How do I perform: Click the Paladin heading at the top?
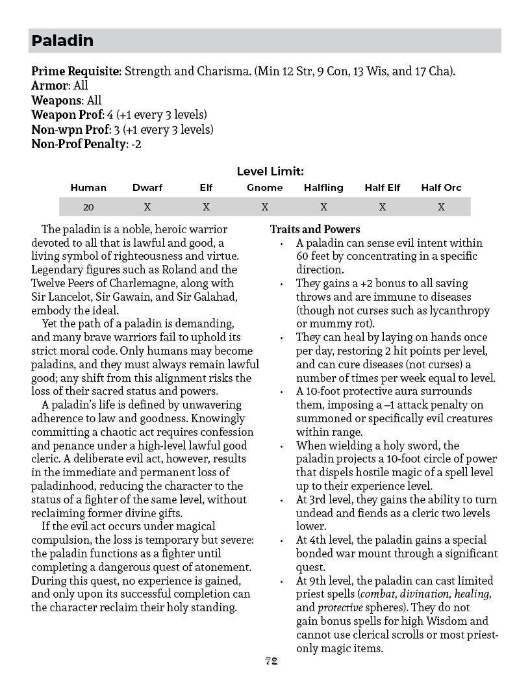(62, 41)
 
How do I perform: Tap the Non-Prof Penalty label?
(79, 144)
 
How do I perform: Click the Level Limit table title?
(270, 171)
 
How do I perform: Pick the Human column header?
(88, 188)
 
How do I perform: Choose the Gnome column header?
(265, 188)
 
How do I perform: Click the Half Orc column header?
(441, 188)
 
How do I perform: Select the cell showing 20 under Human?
(88, 207)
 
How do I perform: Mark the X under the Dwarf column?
(147, 207)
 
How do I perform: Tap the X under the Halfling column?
(323, 207)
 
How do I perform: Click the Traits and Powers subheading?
(315, 229)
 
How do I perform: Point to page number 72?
(271, 661)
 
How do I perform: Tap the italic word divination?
(422, 594)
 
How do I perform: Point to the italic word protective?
(340, 608)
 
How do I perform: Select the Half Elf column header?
(383, 188)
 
